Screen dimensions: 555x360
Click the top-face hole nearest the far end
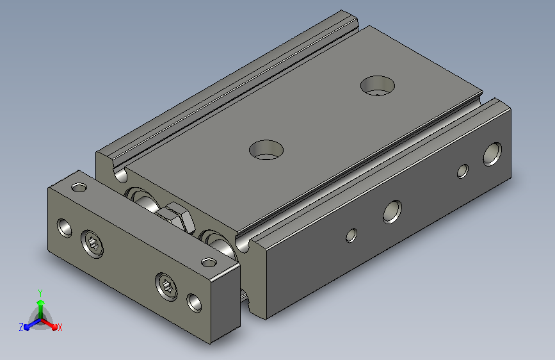(x=377, y=86)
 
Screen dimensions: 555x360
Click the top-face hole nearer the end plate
(x=266, y=150)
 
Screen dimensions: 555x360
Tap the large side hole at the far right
(x=492, y=154)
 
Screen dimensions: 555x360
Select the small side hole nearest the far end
(x=463, y=171)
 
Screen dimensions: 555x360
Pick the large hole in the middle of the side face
(x=392, y=212)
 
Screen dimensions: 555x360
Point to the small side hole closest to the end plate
(x=351, y=235)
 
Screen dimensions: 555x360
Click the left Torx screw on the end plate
(x=93, y=244)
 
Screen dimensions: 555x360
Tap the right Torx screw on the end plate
(x=166, y=286)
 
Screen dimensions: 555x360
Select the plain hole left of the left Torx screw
(x=65, y=228)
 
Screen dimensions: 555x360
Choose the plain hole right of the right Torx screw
(x=194, y=303)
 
